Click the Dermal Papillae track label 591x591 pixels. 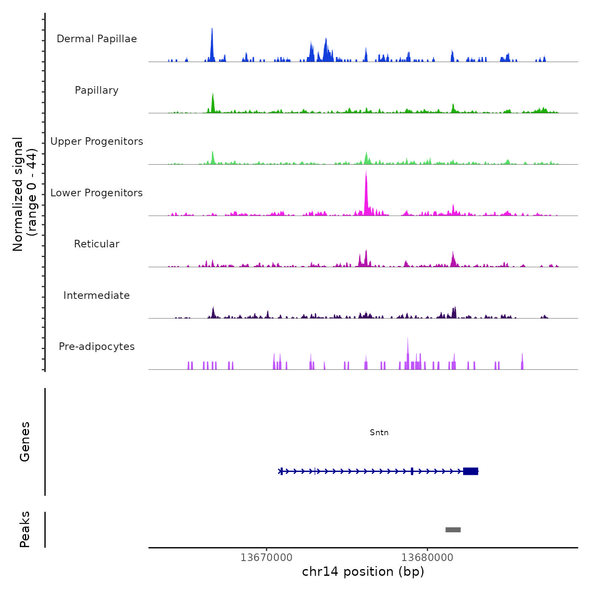click(97, 39)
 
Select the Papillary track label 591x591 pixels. click(97, 90)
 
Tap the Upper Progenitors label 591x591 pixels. click(97, 141)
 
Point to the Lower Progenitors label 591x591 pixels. click(97, 193)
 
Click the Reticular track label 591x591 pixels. click(97, 244)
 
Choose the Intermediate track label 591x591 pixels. click(97, 295)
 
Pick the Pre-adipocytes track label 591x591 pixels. click(97, 347)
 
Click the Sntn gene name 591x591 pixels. click(379, 433)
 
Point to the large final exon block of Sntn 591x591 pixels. click(470, 471)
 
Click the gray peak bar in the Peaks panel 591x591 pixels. click(453, 530)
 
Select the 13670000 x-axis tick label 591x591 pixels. click(266, 558)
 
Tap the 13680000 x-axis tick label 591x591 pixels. click(427, 558)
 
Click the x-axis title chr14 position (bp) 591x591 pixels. click(363, 572)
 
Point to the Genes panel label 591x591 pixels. click(25, 442)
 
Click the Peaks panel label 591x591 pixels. click(25, 529)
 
